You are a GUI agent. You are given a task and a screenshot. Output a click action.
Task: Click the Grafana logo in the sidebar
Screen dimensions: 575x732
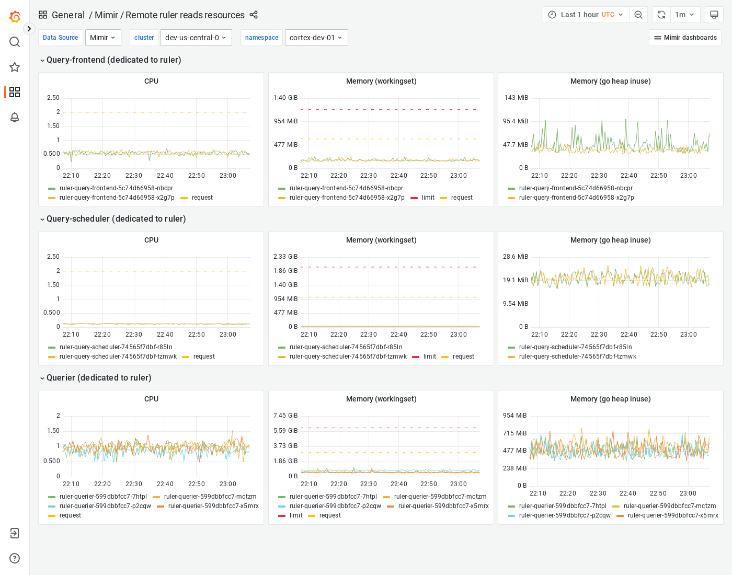tap(15, 17)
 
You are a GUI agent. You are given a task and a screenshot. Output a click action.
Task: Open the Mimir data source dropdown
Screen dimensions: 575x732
tap(102, 38)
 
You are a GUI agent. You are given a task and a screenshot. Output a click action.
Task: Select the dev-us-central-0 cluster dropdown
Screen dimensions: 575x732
tap(196, 38)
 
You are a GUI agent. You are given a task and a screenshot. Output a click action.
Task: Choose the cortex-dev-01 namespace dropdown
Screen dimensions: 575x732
tap(316, 38)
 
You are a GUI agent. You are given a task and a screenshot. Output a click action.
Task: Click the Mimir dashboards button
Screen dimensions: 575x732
tap(685, 38)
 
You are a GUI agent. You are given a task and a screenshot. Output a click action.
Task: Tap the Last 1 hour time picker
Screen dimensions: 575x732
tap(586, 15)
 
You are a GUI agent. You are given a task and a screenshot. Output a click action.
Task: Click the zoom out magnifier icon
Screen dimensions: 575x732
tap(638, 15)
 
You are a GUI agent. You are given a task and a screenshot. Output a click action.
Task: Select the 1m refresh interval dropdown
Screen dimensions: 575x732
tap(684, 15)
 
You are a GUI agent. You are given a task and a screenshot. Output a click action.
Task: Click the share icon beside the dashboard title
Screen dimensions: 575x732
tap(254, 15)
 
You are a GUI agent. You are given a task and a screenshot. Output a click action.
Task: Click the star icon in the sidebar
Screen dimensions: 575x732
tap(15, 67)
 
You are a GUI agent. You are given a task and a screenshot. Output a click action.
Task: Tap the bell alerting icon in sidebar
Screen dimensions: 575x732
tap(15, 117)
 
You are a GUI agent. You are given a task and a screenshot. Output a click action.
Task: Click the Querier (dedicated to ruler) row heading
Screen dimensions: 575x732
tap(98, 378)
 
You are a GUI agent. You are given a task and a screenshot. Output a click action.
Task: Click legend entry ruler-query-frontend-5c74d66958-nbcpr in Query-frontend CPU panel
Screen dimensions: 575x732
tap(116, 188)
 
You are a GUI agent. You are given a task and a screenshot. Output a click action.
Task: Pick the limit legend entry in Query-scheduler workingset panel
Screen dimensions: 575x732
tap(429, 356)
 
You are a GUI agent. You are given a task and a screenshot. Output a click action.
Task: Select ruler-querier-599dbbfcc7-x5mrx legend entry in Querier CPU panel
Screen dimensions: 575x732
tap(213, 506)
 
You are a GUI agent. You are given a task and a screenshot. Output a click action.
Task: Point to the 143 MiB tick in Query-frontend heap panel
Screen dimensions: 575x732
tap(516, 98)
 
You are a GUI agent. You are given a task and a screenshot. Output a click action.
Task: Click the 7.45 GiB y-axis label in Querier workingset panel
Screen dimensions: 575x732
tap(285, 416)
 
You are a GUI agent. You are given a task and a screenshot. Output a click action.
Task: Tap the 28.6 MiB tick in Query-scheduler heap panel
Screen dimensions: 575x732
tap(516, 257)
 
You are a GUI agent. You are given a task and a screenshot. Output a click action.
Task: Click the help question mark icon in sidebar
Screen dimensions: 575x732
tap(15, 558)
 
